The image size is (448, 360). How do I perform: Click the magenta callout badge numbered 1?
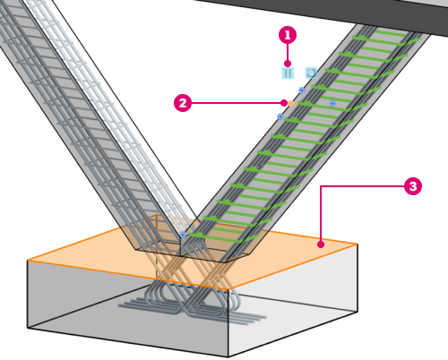click(288, 35)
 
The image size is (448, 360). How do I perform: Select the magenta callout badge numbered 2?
click(183, 103)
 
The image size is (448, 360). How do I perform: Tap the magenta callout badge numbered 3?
click(413, 186)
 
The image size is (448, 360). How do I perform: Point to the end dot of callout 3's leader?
click(321, 244)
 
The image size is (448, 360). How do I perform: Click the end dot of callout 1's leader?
click(288, 64)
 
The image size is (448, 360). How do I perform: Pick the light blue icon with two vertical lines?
click(288, 73)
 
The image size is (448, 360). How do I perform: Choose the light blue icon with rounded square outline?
click(311, 73)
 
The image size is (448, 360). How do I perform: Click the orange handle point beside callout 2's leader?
click(291, 104)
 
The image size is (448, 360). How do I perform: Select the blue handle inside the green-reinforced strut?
click(332, 104)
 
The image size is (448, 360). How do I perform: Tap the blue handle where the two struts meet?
click(183, 235)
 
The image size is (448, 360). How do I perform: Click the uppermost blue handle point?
click(302, 90)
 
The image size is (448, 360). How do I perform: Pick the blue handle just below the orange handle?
click(280, 116)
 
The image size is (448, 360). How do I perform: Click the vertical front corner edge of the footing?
click(228, 323)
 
